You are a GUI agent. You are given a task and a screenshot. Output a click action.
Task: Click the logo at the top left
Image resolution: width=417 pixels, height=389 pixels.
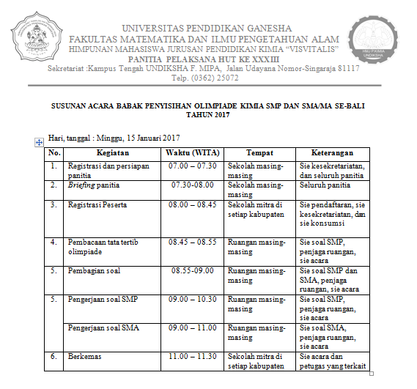pos(32,34)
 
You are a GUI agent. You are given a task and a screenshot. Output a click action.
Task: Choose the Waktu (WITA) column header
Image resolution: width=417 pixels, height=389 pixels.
pos(192,153)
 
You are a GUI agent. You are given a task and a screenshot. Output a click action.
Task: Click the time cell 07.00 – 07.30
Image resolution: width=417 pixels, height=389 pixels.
pos(192,166)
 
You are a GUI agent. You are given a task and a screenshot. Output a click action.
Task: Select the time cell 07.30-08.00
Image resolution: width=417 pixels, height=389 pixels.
pos(192,185)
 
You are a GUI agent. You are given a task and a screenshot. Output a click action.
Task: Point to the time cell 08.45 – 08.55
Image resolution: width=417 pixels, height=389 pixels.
pos(192,241)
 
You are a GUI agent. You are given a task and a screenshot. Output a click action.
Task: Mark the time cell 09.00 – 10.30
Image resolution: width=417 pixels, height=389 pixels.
pos(192,300)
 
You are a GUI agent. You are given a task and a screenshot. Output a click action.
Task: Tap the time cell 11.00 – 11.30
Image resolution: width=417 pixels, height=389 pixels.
pos(192,355)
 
